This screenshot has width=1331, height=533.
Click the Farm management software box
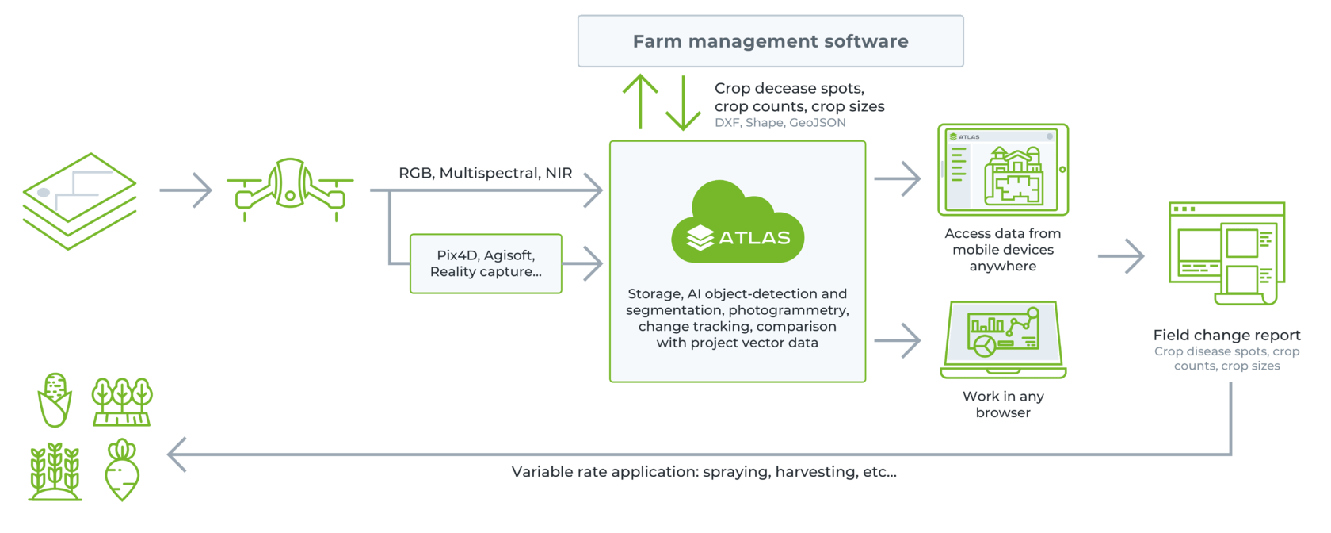tap(771, 41)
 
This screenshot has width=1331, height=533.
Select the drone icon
tap(291, 190)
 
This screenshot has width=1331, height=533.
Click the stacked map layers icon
tap(79, 201)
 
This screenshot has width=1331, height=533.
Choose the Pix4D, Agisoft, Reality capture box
tap(486, 263)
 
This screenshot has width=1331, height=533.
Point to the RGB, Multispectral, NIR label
tap(486, 173)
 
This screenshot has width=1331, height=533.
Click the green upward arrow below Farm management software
tap(640, 102)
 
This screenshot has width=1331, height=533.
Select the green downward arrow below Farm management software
tap(683, 102)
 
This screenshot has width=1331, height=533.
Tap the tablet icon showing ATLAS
tap(1003, 170)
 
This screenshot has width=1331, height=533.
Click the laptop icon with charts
tap(1003, 339)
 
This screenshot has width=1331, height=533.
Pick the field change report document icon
tap(1226, 253)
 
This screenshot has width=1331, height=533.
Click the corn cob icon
tap(55, 400)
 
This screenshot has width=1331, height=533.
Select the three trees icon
tap(122, 401)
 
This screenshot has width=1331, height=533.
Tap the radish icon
tap(122, 470)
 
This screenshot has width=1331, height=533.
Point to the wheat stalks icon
tap(55, 471)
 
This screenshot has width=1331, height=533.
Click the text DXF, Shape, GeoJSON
tap(780, 122)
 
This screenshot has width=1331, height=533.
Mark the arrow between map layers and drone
tap(185, 190)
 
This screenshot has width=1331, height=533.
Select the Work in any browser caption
tap(1003, 404)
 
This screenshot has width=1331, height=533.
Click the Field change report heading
tap(1227, 335)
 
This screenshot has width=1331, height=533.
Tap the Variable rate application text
tap(704, 472)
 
